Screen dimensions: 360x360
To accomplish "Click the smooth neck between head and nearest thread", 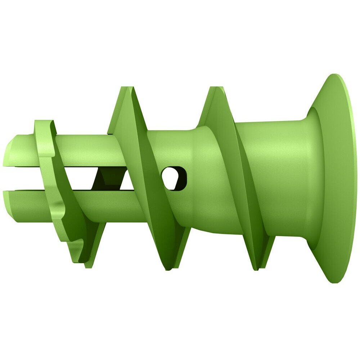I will tap(277, 173).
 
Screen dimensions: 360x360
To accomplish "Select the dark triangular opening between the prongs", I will tap(108, 178).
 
